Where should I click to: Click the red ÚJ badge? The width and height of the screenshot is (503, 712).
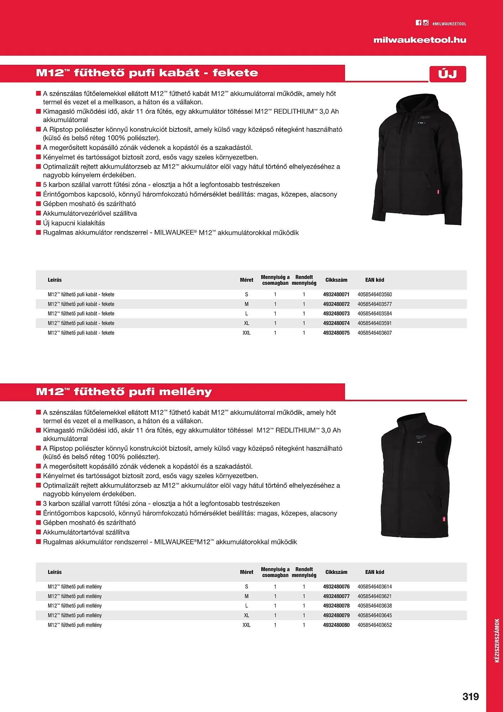pyautogui.click(x=448, y=74)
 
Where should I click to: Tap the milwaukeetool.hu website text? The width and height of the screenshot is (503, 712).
pyautogui.click(x=420, y=40)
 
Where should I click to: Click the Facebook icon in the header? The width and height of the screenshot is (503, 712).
pyautogui.click(x=418, y=23)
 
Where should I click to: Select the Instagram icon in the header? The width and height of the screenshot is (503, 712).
pyautogui.click(x=425, y=23)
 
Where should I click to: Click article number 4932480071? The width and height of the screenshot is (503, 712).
pyautogui.click(x=336, y=294)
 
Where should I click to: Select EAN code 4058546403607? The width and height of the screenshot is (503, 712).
pyautogui.click(x=375, y=333)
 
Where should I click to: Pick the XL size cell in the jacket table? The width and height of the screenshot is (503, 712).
pyautogui.click(x=247, y=323)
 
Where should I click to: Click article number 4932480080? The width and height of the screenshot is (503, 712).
pyautogui.click(x=336, y=625)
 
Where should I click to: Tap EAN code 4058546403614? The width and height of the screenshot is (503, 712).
pyautogui.click(x=375, y=586)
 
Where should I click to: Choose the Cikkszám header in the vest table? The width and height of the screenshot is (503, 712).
pyautogui.click(x=336, y=572)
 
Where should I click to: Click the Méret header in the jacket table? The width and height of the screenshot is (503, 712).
pyautogui.click(x=247, y=280)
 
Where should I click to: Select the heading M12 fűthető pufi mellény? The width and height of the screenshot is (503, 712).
pyautogui.click(x=124, y=392)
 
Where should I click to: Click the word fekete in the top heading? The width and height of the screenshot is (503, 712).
pyautogui.click(x=235, y=73)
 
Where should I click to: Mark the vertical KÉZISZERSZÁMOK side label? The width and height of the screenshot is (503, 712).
pyautogui.click(x=497, y=641)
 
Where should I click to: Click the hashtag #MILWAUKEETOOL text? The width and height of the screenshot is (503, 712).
pyautogui.click(x=449, y=24)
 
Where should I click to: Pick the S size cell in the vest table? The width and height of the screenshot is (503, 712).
pyautogui.click(x=247, y=586)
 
